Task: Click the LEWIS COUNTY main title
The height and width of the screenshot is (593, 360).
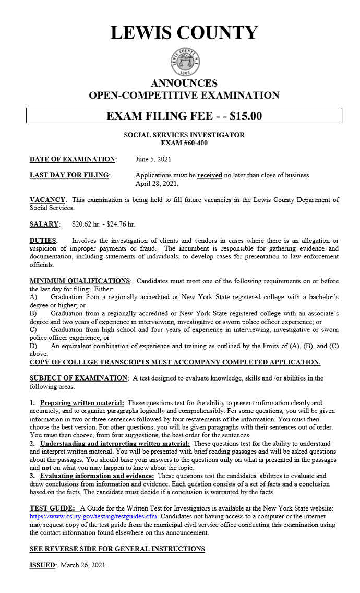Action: click(184, 33)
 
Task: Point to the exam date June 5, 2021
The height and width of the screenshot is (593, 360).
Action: click(153, 159)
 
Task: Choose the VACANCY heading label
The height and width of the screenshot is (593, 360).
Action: click(47, 200)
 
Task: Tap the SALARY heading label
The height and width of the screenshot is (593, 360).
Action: click(44, 224)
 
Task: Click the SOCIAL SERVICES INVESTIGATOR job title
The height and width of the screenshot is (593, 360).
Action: click(184, 135)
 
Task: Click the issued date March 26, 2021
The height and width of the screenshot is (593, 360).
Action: click(83, 565)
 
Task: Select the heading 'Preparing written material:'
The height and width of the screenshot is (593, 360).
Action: click(82, 403)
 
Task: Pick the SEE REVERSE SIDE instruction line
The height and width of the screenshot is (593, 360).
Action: click(117, 549)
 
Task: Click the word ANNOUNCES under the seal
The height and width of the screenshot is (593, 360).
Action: click(184, 84)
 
